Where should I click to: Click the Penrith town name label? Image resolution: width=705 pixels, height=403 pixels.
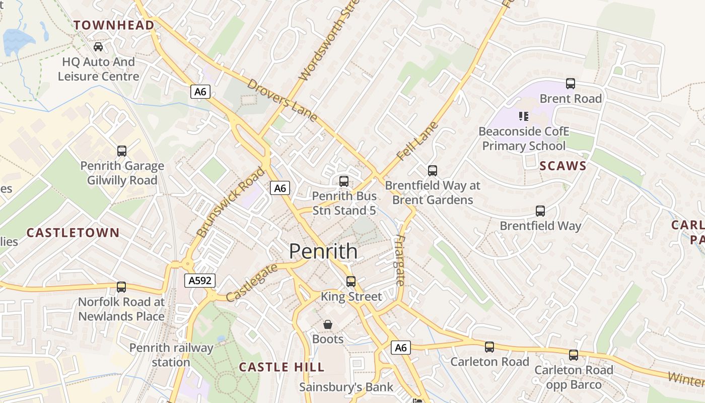click(x=323, y=251)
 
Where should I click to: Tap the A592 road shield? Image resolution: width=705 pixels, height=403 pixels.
click(x=199, y=281)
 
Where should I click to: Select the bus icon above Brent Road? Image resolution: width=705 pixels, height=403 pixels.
click(x=570, y=84)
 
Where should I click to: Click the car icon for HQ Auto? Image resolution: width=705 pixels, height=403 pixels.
click(x=98, y=47)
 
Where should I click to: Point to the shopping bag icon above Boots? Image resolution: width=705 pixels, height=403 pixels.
click(x=328, y=324)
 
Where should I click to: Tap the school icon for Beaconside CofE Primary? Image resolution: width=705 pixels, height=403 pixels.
click(x=524, y=116)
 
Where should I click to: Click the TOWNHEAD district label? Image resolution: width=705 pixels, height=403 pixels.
click(x=114, y=25)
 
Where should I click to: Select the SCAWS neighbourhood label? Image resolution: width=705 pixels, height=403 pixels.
click(x=563, y=166)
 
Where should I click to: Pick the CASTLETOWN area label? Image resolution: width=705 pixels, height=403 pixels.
click(x=73, y=233)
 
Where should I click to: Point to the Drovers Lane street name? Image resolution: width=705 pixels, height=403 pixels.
click(x=282, y=100)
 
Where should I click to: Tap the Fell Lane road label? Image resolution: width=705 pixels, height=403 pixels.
click(x=417, y=141)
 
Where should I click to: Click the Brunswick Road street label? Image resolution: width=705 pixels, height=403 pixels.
click(x=230, y=202)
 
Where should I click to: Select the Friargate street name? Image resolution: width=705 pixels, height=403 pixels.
click(x=400, y=260)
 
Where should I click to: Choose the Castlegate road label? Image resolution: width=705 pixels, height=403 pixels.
click(x=251, y=283)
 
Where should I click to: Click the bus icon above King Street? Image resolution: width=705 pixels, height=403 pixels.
click(x=350, y=281)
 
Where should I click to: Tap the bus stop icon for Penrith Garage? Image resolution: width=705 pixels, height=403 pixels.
click(x=121, y=151)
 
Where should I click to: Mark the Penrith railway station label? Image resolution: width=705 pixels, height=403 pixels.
click(x=171, y=355)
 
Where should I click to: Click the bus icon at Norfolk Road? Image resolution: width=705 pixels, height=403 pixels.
click(x=121, y=287)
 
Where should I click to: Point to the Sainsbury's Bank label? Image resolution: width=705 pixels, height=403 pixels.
click(x=346, y=387)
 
